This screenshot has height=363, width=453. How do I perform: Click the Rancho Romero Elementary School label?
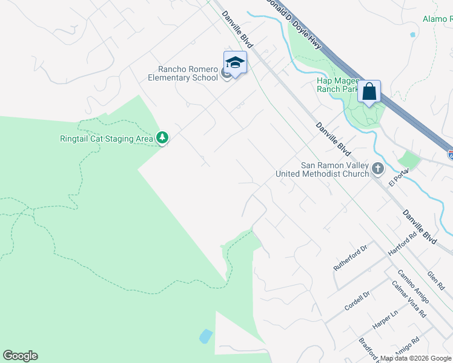coord(184,73)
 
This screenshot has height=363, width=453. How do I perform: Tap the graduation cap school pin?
coord(235,63)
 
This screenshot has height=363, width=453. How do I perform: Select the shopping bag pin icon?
coord(369,92)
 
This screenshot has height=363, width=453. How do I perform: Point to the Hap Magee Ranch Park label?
coord(338,84)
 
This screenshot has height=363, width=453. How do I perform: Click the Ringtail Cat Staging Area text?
coord(106,139)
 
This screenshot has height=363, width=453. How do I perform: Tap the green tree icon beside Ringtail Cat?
coord(162,139)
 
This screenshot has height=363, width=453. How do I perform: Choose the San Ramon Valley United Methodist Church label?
coord(322,169)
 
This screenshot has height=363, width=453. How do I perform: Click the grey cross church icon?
coord(378,169)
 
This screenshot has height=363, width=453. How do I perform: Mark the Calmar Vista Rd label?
coord(409,301)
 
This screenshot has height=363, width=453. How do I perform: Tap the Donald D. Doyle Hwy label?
coord(294,24)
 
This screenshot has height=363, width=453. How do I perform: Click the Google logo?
coord(20,356)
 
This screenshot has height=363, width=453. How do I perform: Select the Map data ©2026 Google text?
coord(415,358)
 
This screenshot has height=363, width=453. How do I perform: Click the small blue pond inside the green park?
coord(206,336)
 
